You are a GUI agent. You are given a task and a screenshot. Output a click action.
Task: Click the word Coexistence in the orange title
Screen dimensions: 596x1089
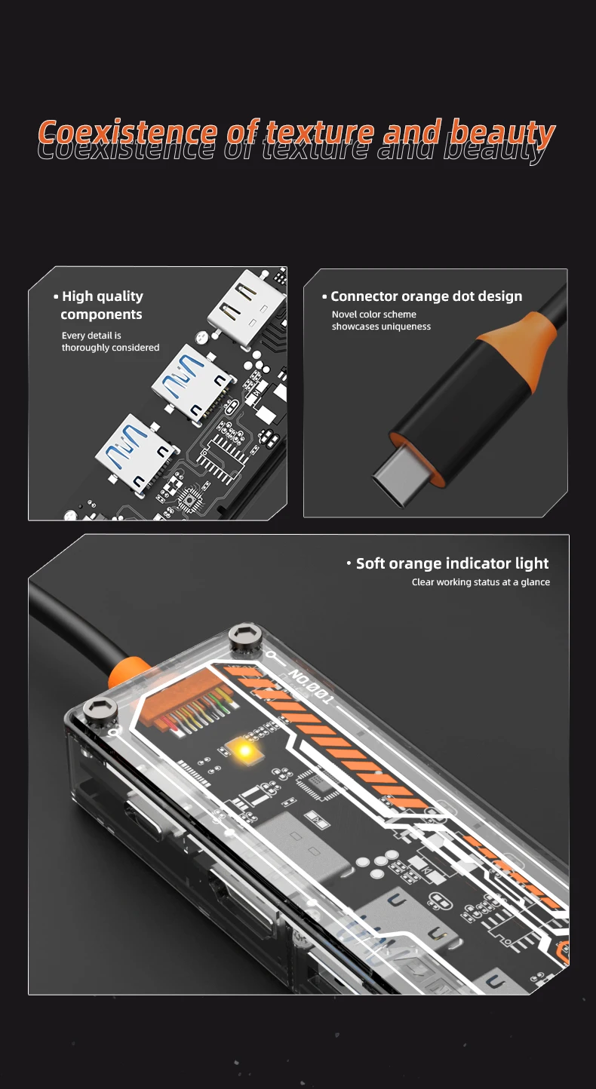coord(127,133)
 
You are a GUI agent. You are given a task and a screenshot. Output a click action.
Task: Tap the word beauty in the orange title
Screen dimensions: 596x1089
coord(502,133)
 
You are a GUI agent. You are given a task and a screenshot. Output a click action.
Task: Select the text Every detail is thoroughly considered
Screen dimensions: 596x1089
coord(110,342)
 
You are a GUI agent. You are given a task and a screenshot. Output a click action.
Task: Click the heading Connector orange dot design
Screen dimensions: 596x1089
coord(422,296)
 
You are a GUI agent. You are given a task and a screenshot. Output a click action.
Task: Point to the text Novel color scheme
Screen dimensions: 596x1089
coord(373,314)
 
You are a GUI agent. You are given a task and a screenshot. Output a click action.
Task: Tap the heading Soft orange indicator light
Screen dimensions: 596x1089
coord(448,563)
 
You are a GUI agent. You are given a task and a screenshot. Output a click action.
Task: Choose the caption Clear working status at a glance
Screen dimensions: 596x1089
coord(481,582)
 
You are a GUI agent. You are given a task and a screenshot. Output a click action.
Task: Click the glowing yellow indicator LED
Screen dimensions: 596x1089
coord(244,751)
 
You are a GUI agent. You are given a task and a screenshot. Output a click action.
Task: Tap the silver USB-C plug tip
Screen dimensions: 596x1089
coord(398,477)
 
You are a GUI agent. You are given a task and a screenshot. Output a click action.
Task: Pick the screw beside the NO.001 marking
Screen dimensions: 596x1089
coord(246,636)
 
